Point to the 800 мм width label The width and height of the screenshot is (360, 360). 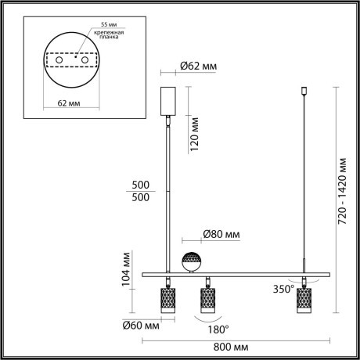point(233,346)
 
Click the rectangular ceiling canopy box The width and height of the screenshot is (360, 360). point(166,100)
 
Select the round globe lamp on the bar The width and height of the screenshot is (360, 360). point(191,261)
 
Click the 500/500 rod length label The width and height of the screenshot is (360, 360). point(142,191)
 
